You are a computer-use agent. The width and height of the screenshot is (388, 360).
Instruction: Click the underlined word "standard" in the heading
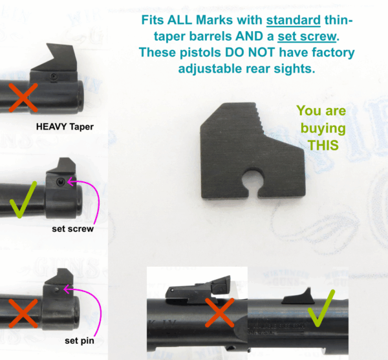(293, 20)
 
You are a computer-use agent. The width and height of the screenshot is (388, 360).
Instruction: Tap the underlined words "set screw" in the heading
(307, 36)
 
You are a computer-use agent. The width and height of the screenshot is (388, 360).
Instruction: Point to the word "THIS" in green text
(323, 145)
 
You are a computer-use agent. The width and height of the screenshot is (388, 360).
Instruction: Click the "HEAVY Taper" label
(65, 127)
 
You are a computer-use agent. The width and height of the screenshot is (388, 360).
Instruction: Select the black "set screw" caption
(72, 229)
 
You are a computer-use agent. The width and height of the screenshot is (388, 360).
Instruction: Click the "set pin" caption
(80, 341)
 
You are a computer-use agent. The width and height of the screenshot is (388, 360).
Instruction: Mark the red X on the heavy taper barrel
(23, 98)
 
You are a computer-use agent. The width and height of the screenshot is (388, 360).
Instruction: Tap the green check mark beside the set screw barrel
(22, 199)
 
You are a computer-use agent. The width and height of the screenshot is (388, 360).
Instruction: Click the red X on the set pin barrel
(23, 313)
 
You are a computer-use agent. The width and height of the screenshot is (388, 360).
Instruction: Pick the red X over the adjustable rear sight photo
(219, 313)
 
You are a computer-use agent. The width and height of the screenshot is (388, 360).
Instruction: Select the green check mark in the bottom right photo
(321, 308)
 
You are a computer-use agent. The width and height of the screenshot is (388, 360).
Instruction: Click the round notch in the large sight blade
(252, 183)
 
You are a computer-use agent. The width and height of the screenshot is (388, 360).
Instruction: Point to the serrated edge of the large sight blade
(259, 118)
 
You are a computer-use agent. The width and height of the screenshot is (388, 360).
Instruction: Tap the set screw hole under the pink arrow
(60, 183)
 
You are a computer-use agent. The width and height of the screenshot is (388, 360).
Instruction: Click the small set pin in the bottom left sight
(57, 289)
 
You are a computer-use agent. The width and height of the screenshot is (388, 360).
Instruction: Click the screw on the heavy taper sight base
(53, 76)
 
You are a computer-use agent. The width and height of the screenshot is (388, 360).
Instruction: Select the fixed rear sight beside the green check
(297, 297)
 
